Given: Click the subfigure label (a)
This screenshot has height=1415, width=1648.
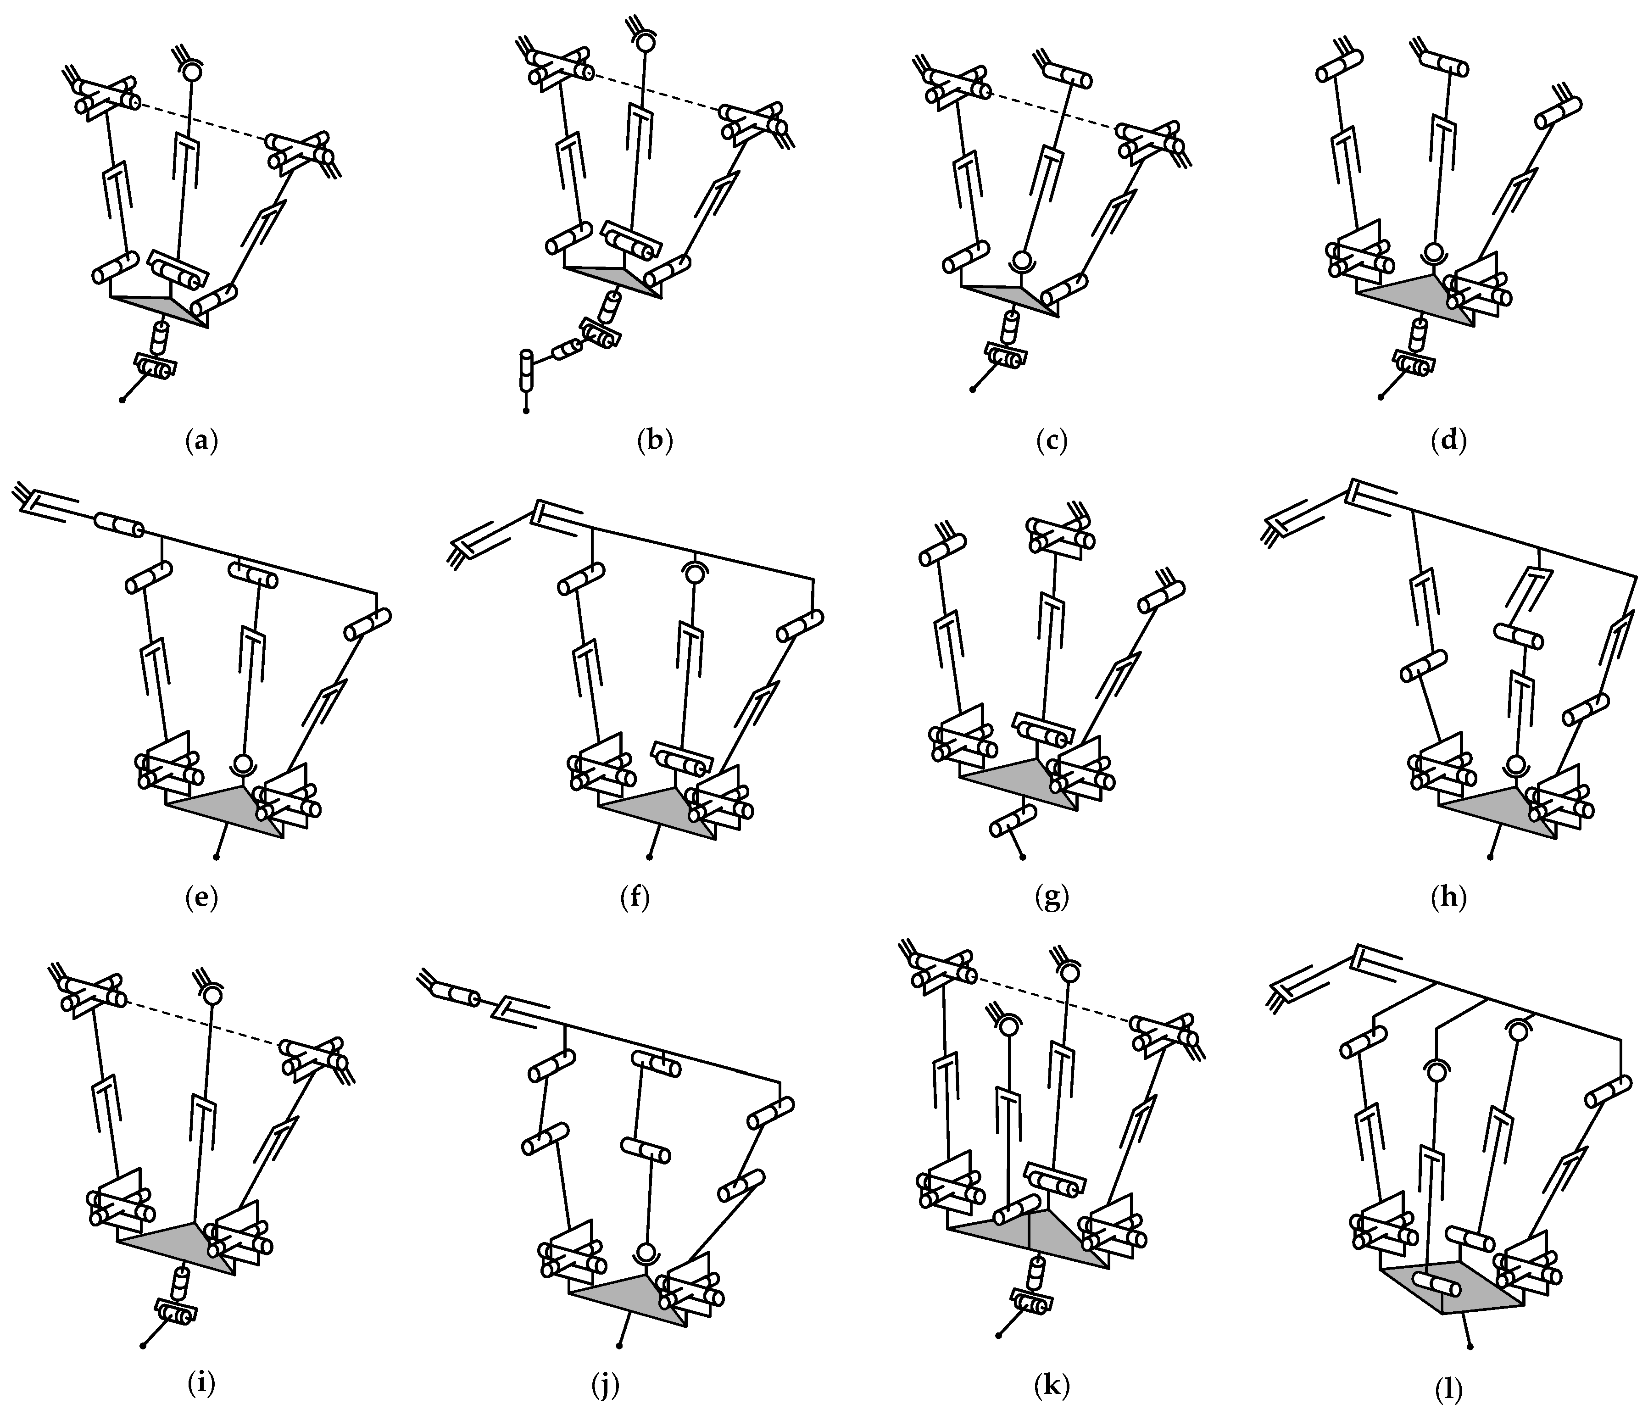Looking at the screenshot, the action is click(200, 440).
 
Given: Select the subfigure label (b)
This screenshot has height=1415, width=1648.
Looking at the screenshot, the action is click(655, 440).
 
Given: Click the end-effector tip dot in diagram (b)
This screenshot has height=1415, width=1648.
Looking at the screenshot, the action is click(526, 411).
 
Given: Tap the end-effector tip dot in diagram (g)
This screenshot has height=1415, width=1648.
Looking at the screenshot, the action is click(1022, 858).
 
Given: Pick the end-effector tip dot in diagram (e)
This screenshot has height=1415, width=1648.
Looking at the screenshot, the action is click(217, 858).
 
